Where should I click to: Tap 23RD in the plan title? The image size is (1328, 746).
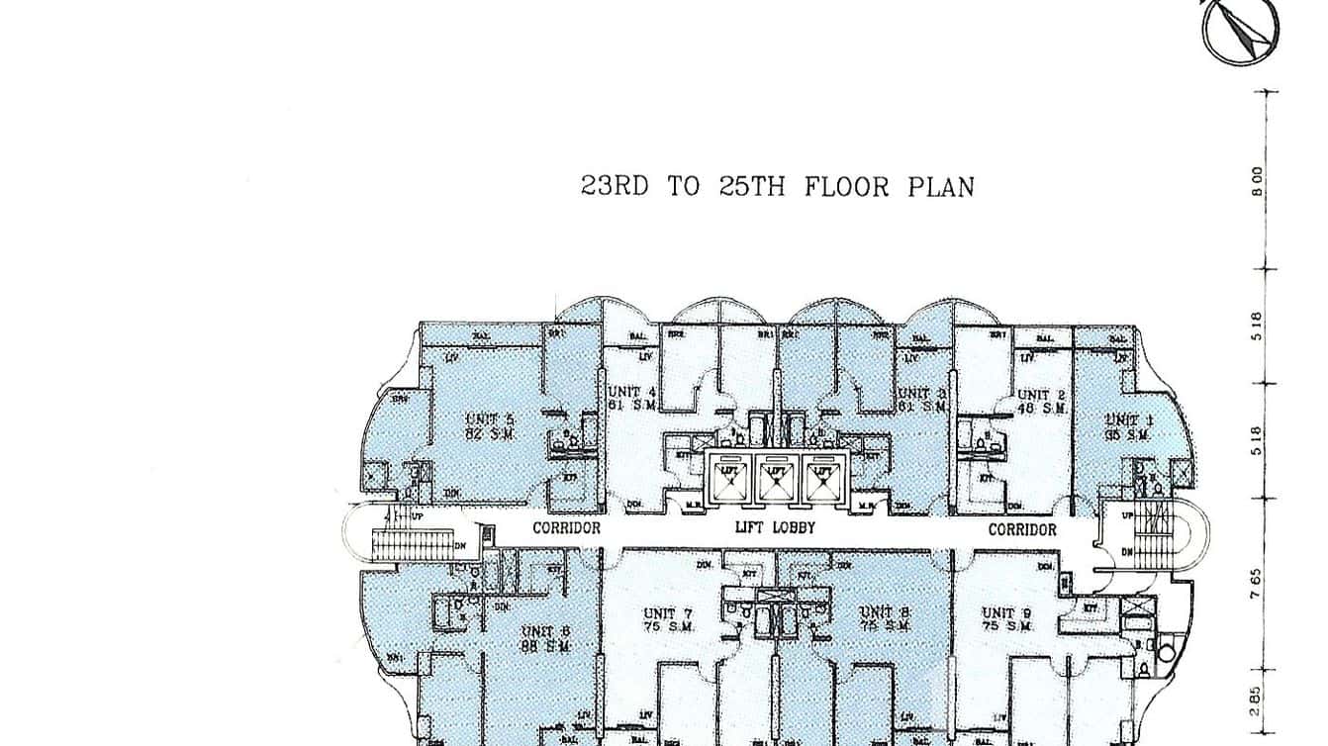(614, 186)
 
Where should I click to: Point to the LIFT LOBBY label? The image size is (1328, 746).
(775, 528)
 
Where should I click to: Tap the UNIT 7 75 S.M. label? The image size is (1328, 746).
(668, 619)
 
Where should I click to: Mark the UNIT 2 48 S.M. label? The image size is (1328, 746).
(1041, 401)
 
